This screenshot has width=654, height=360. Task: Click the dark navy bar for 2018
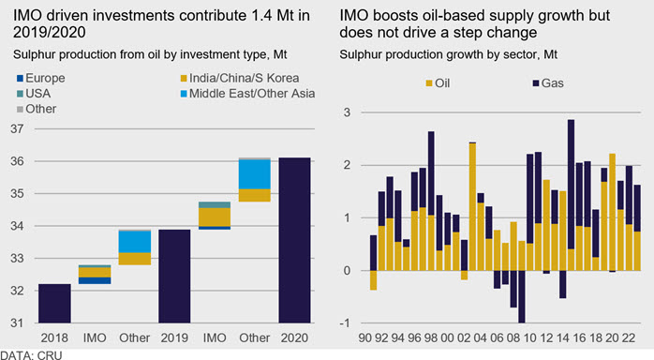coord(54,303)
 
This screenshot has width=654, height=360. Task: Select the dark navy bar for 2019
coord(174,277)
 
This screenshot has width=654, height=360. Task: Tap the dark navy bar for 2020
coord(294,240)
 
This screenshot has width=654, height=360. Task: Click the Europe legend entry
coord(41,78)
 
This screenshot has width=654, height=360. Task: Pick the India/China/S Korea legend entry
coord(240,78)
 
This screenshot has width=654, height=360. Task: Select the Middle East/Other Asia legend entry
coord(247,94)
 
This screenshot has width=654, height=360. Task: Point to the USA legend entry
coord(34,94)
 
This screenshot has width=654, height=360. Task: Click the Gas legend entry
coord(548,83)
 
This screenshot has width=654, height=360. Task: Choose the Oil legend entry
coord(438,83)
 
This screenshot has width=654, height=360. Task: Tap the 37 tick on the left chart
coord(17,128)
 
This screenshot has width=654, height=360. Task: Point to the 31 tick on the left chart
coord(17,322)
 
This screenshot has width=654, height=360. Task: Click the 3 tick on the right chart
coord(347,112)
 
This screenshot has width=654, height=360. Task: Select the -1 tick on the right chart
coord(345,323)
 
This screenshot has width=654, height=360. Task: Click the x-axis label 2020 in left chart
coord(294,337)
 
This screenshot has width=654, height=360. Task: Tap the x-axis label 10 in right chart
coord(529,337)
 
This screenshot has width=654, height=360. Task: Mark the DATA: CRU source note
coord(31,355)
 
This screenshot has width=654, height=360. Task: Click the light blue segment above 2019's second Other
coord(255,174)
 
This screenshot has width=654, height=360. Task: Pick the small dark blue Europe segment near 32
coord(95,280)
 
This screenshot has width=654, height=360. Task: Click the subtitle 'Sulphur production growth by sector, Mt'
coord(449,54)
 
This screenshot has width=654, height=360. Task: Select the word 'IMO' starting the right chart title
coord(354,15)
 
